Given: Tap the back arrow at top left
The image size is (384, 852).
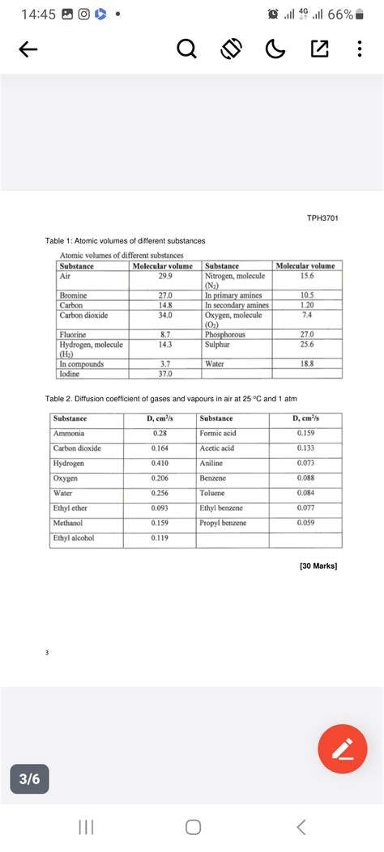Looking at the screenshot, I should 28,50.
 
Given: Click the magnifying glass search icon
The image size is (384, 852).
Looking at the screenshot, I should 186,50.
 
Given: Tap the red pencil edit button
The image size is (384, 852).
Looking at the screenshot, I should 342,748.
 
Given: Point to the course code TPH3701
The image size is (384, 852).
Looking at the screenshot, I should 322,218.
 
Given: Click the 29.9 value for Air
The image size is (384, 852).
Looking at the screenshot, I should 166,276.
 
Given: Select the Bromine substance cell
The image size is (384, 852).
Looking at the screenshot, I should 74,296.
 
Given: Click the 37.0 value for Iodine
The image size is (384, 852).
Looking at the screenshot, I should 166,374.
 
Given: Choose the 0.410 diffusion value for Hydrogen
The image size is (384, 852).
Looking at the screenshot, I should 160,463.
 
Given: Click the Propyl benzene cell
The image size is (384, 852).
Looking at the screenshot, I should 223,523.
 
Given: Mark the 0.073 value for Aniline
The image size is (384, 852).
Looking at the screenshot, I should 305,463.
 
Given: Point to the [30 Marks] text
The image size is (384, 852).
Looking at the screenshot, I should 318,566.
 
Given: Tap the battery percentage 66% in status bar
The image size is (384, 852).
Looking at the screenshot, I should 340,15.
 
